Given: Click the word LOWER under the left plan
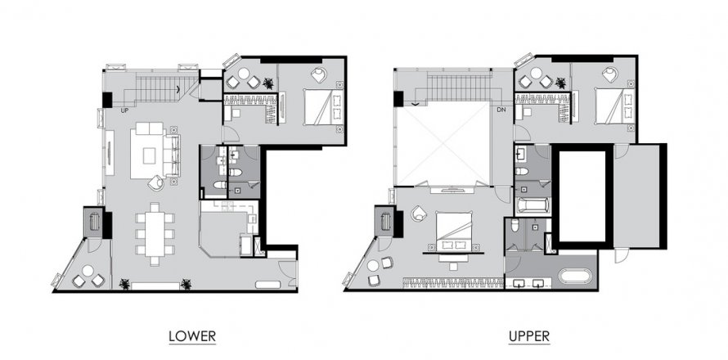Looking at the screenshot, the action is click(192, 335).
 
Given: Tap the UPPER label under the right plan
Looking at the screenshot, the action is click(529, 335).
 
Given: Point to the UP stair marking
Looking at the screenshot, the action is click(124, 110).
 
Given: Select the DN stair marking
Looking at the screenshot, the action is click(501, 110).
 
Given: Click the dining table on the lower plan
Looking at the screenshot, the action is click(155, 234).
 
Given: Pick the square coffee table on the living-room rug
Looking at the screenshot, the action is click(149, 155).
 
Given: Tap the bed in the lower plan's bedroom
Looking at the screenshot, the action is click(323, 107).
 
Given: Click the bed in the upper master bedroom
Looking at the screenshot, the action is click(454, 232).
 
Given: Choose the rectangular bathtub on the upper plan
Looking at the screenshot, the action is click(533, 205).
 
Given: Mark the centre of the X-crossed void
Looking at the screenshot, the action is click(443, 144).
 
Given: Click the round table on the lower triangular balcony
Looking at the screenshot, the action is click(88, 270).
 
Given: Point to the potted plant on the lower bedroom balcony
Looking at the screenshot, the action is click(267, 83).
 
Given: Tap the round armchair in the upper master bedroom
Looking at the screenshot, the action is click(418, 214).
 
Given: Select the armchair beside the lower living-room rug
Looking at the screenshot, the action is click(156, 182).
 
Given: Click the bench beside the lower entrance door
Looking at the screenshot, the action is click(267, 284).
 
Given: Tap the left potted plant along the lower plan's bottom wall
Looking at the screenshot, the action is click(124, 283).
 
